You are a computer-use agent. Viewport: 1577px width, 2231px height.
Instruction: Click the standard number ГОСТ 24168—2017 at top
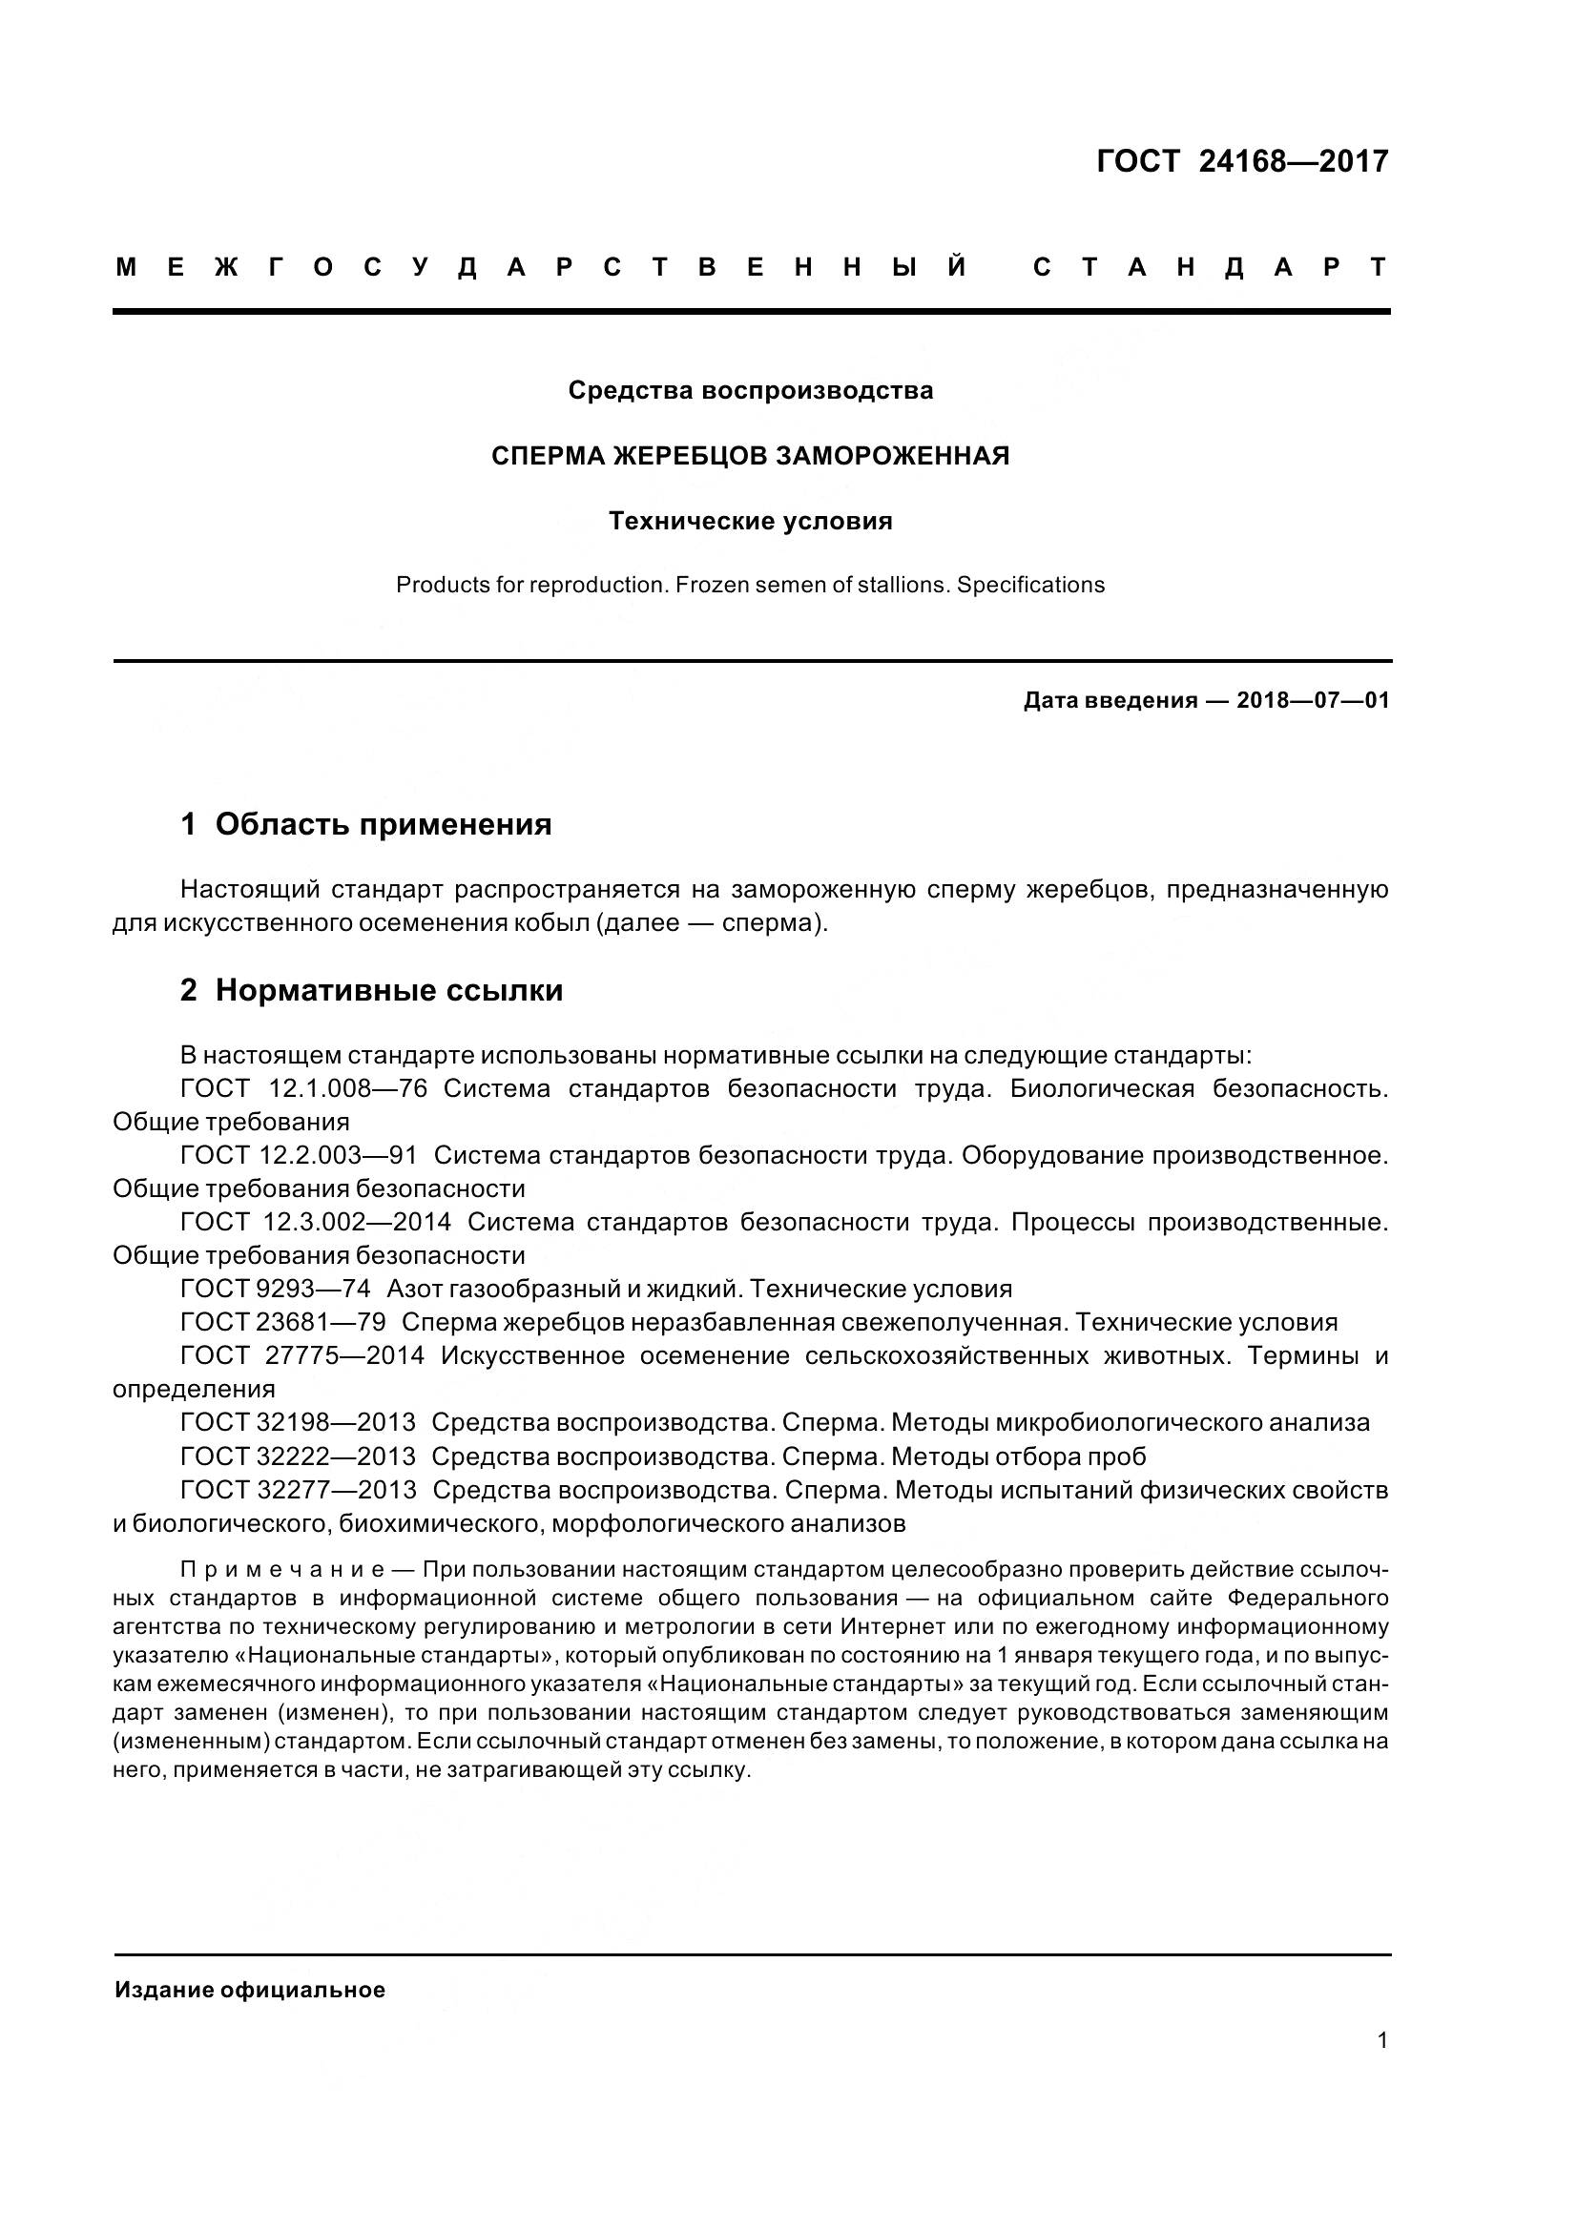click(x=1242, y=161)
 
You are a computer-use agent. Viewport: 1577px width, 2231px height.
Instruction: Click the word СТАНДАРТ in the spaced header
click(x=1210, y=267)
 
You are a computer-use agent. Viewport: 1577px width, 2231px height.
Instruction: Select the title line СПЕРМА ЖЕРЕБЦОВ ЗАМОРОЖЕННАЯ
click(x=750, y=456)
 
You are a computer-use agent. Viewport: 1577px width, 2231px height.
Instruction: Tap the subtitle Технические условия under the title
click(x=750, y=522)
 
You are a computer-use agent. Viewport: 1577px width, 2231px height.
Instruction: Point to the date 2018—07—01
click(x=1312, y=701)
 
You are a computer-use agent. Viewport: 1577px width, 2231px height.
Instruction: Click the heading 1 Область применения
click(x=366, y=825)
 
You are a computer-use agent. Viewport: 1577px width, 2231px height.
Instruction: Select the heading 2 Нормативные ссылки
click(x=371, y=991)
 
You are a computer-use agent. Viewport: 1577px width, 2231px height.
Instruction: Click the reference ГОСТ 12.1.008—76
click(x=303, y=1089)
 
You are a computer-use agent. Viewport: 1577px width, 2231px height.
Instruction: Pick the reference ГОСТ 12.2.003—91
click(x=299, y=1156)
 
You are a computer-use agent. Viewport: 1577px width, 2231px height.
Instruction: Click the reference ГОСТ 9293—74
click(x=275, y=1290)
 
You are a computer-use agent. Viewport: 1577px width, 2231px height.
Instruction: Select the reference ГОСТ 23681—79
click(x=282, y=1322)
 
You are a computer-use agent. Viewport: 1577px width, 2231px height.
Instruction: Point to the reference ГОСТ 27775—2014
click(x=302, y=1355)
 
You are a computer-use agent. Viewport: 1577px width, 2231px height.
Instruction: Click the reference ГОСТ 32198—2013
click(x=298, y=1422)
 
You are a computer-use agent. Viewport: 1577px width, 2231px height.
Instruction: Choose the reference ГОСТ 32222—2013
click(x=298, y=1456)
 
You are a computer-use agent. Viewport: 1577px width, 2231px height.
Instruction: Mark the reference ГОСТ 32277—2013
click(x=298, y=1490)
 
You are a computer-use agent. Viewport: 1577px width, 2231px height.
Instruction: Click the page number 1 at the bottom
click(x=1382, y=2040)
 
